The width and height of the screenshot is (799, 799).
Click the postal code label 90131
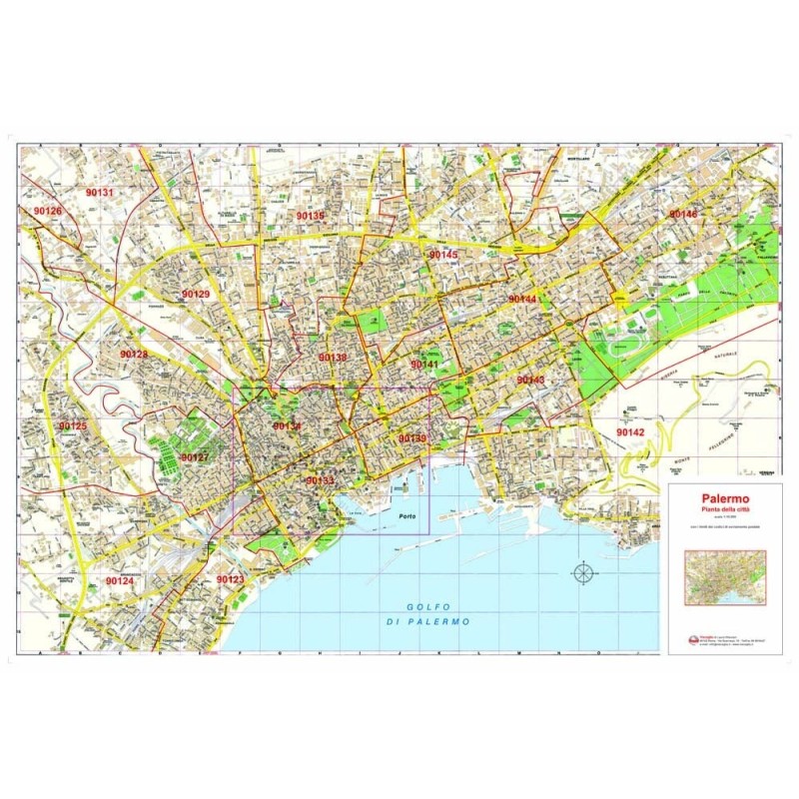[100, 192]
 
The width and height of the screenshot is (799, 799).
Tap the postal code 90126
[47, 212]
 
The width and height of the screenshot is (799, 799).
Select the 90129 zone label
[196, 295]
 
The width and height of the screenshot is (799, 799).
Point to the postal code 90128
[133, 355]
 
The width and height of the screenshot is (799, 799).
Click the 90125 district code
[72, 426]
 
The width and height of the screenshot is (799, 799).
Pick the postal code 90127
[194, 457]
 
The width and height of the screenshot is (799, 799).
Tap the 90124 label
[119, 580]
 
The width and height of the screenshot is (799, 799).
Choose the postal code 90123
[230, 579]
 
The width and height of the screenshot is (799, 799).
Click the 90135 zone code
[310, 215]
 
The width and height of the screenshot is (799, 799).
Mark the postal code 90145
[443, 256]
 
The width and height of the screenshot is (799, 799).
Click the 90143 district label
[530, 381]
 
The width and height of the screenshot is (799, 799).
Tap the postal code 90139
[411, 438]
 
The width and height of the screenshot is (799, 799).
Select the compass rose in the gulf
[583, 572]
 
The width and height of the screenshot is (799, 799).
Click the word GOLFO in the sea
[423, 607]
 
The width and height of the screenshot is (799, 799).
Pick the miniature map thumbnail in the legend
[725, 577]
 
